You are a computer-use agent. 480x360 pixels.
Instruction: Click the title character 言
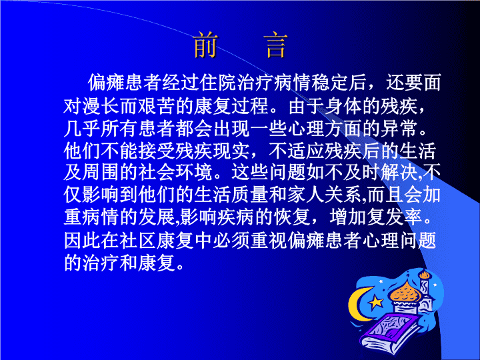point(275,45)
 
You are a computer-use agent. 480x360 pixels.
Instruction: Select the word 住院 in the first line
point(218,83)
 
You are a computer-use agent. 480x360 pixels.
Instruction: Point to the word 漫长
point(101,106)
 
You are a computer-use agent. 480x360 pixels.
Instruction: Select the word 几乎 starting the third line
point(83,128)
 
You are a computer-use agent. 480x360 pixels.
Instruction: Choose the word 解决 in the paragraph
point(399,172)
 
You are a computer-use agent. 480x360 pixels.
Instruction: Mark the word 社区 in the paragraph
point(139,240)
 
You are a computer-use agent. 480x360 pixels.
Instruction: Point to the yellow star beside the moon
point(375,303)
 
